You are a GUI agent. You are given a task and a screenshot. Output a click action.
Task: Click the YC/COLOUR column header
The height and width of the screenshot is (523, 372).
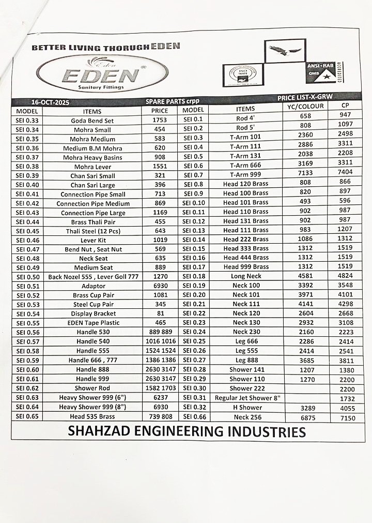(305, 106)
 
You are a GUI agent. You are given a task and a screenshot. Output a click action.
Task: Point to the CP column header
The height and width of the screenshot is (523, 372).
(346, 105)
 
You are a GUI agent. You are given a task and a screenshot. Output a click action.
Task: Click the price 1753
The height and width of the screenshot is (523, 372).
(160, 120)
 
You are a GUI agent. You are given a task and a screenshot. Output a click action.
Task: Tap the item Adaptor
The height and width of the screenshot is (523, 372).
(94, 286)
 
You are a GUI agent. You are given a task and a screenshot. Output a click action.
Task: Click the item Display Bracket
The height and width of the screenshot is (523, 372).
(94, 313)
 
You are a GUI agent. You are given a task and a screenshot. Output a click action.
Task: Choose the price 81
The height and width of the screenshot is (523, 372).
(160, 313)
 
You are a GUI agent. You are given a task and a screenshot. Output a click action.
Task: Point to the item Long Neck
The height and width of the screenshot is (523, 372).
(246, 276)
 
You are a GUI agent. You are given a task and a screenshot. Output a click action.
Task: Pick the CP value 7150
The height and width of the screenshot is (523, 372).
(347, 417)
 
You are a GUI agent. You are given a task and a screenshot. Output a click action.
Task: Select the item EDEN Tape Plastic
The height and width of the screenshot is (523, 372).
(93, 323)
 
